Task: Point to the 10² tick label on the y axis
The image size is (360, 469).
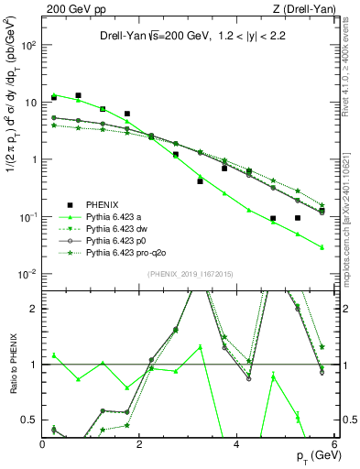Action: [27, 44]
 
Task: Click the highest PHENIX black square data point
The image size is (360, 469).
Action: [79, 95]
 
